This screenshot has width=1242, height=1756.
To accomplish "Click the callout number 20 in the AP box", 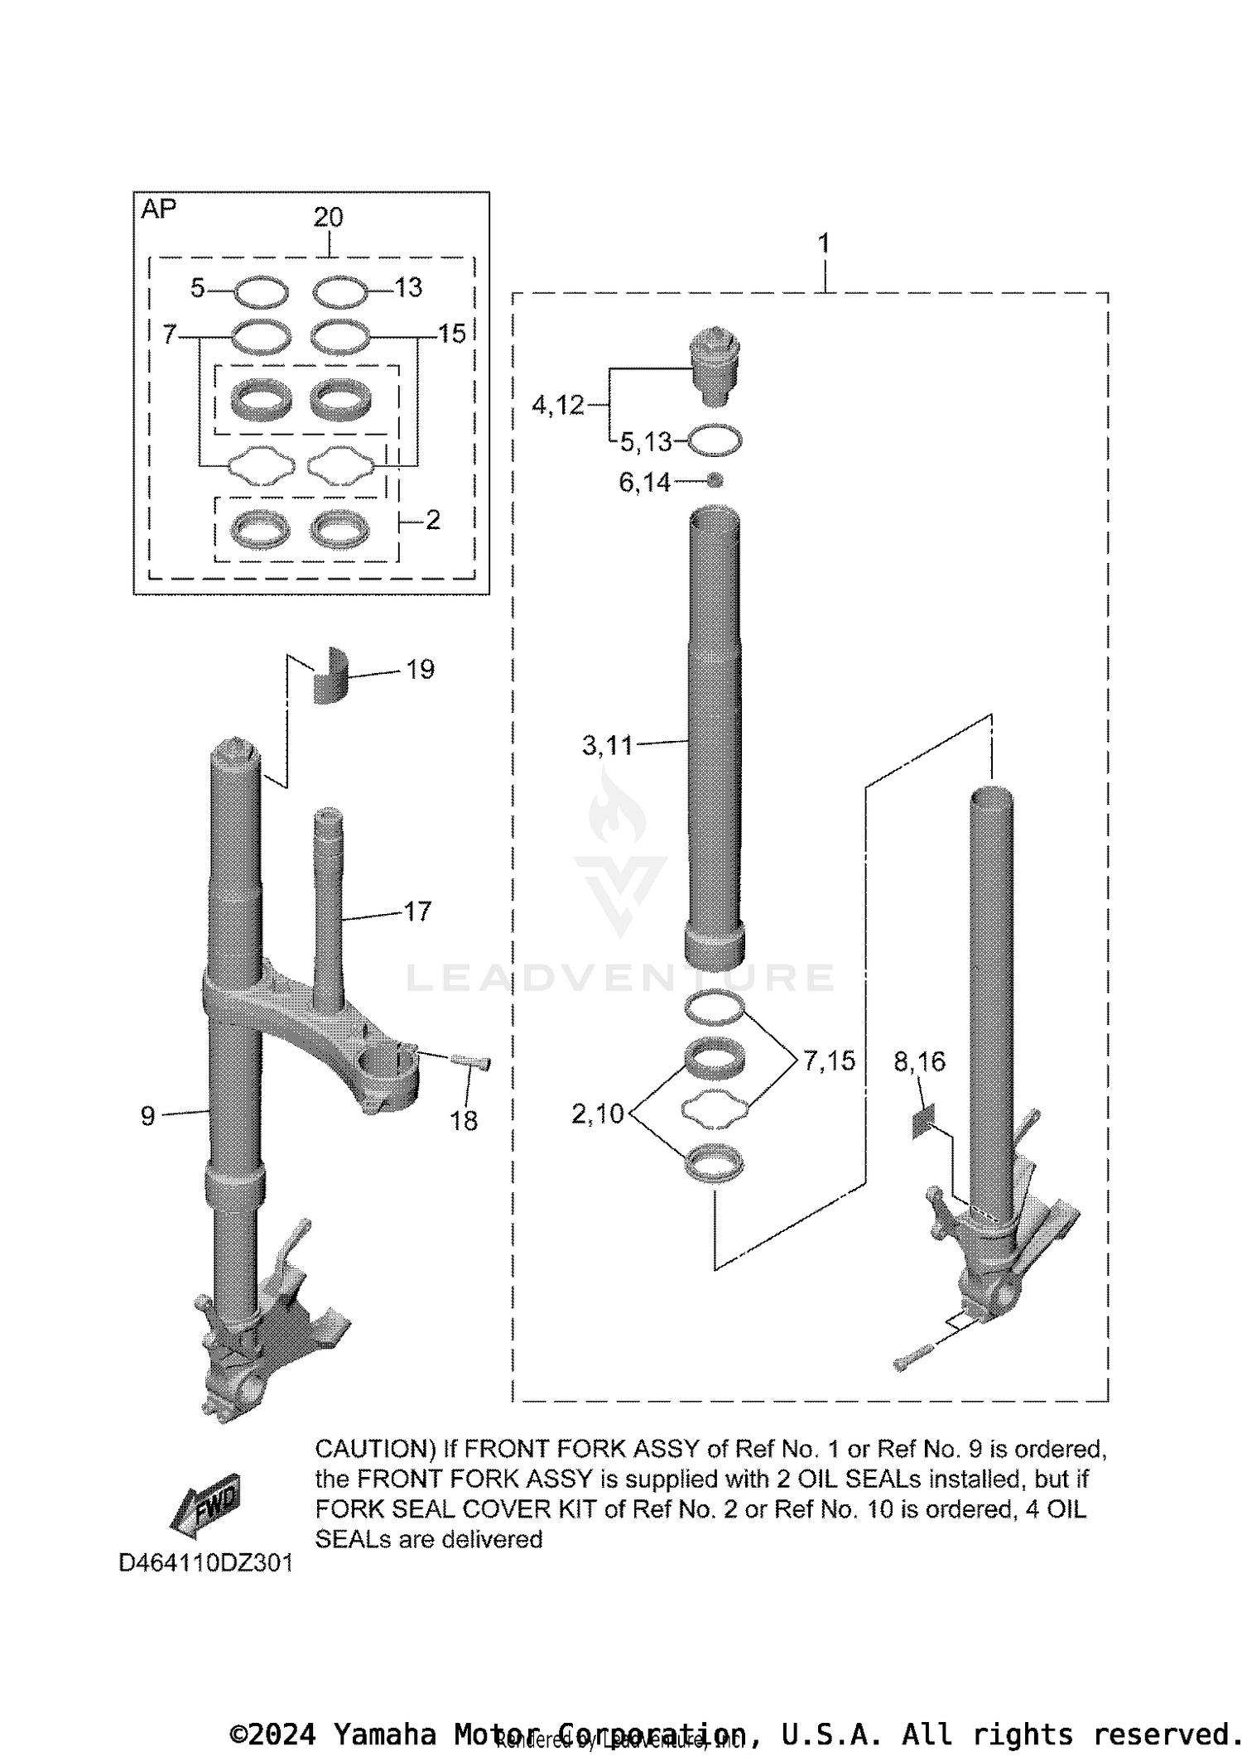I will (x=328, y=217).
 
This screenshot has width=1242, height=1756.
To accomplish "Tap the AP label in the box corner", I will (x=158, y=209).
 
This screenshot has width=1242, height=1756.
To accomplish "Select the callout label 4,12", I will (x=557, y=405).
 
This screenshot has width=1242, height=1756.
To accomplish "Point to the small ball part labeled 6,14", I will (x=715, y=480).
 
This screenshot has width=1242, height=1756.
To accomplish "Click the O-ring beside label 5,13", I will (x=715, y=440).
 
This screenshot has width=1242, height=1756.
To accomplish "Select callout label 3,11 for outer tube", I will (x=607, y=745).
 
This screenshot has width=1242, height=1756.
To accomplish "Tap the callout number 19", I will (x=420, y=669).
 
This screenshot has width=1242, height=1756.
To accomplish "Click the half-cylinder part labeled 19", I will (x=330, y=675).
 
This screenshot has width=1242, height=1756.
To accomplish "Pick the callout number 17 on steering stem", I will (x=417, y=912).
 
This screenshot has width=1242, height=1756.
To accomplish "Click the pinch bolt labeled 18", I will (x=471, y=1061).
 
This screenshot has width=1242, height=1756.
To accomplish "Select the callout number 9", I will (x=147, y=1116).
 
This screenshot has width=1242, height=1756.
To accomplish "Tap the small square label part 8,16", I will (x=923, y=1121).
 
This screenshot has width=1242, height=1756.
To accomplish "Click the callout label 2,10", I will (x=597, y=1114).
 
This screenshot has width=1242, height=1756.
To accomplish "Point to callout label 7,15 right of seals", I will (x=829, y=1061).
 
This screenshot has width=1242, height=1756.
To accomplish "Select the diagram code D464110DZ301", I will (x=205, y=1563).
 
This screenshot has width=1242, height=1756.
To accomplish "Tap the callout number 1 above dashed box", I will (x=823, y=243).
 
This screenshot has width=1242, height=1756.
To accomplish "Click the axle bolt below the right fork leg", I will (x=913, y=1357).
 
